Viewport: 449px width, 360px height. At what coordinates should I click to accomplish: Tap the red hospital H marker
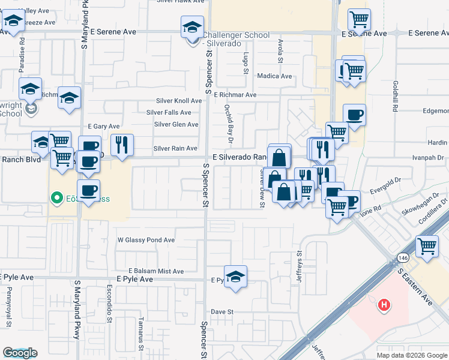pyautogui.click(x=384, y=306)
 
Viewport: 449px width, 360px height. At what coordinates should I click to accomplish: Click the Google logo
pyautogui.click(x=20, y=353)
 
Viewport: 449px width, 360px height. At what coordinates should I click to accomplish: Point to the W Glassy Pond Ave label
pyautogui.click(x=146, y=240)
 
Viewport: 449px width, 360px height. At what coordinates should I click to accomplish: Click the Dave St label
pyautogui.click(x=221, y=312)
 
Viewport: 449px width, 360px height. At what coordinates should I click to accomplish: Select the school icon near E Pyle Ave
pyautogui.click(x=236, y=277)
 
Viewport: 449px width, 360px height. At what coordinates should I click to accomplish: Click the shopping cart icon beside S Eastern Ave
pyautogui.click(x=427, y=247)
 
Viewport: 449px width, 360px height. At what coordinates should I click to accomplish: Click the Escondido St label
pyautogui.click(x=110, y=298)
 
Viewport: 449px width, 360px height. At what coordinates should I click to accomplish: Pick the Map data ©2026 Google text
pyautogui.click(x=412, y=355)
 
